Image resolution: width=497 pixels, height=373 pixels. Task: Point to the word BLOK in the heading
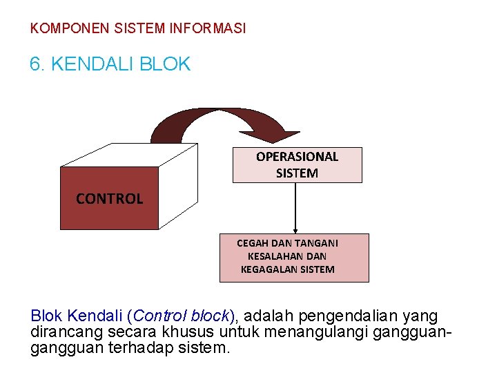click(165, 65)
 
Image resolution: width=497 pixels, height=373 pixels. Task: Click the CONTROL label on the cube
click(109, 199)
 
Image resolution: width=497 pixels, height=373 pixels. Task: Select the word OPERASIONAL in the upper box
click(297, 157)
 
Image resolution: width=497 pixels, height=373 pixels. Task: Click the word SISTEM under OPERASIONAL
click(297, 173)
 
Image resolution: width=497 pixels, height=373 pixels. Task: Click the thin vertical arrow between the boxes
click(295, 207)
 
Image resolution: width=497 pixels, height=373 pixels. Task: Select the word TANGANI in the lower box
click(317, 243)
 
